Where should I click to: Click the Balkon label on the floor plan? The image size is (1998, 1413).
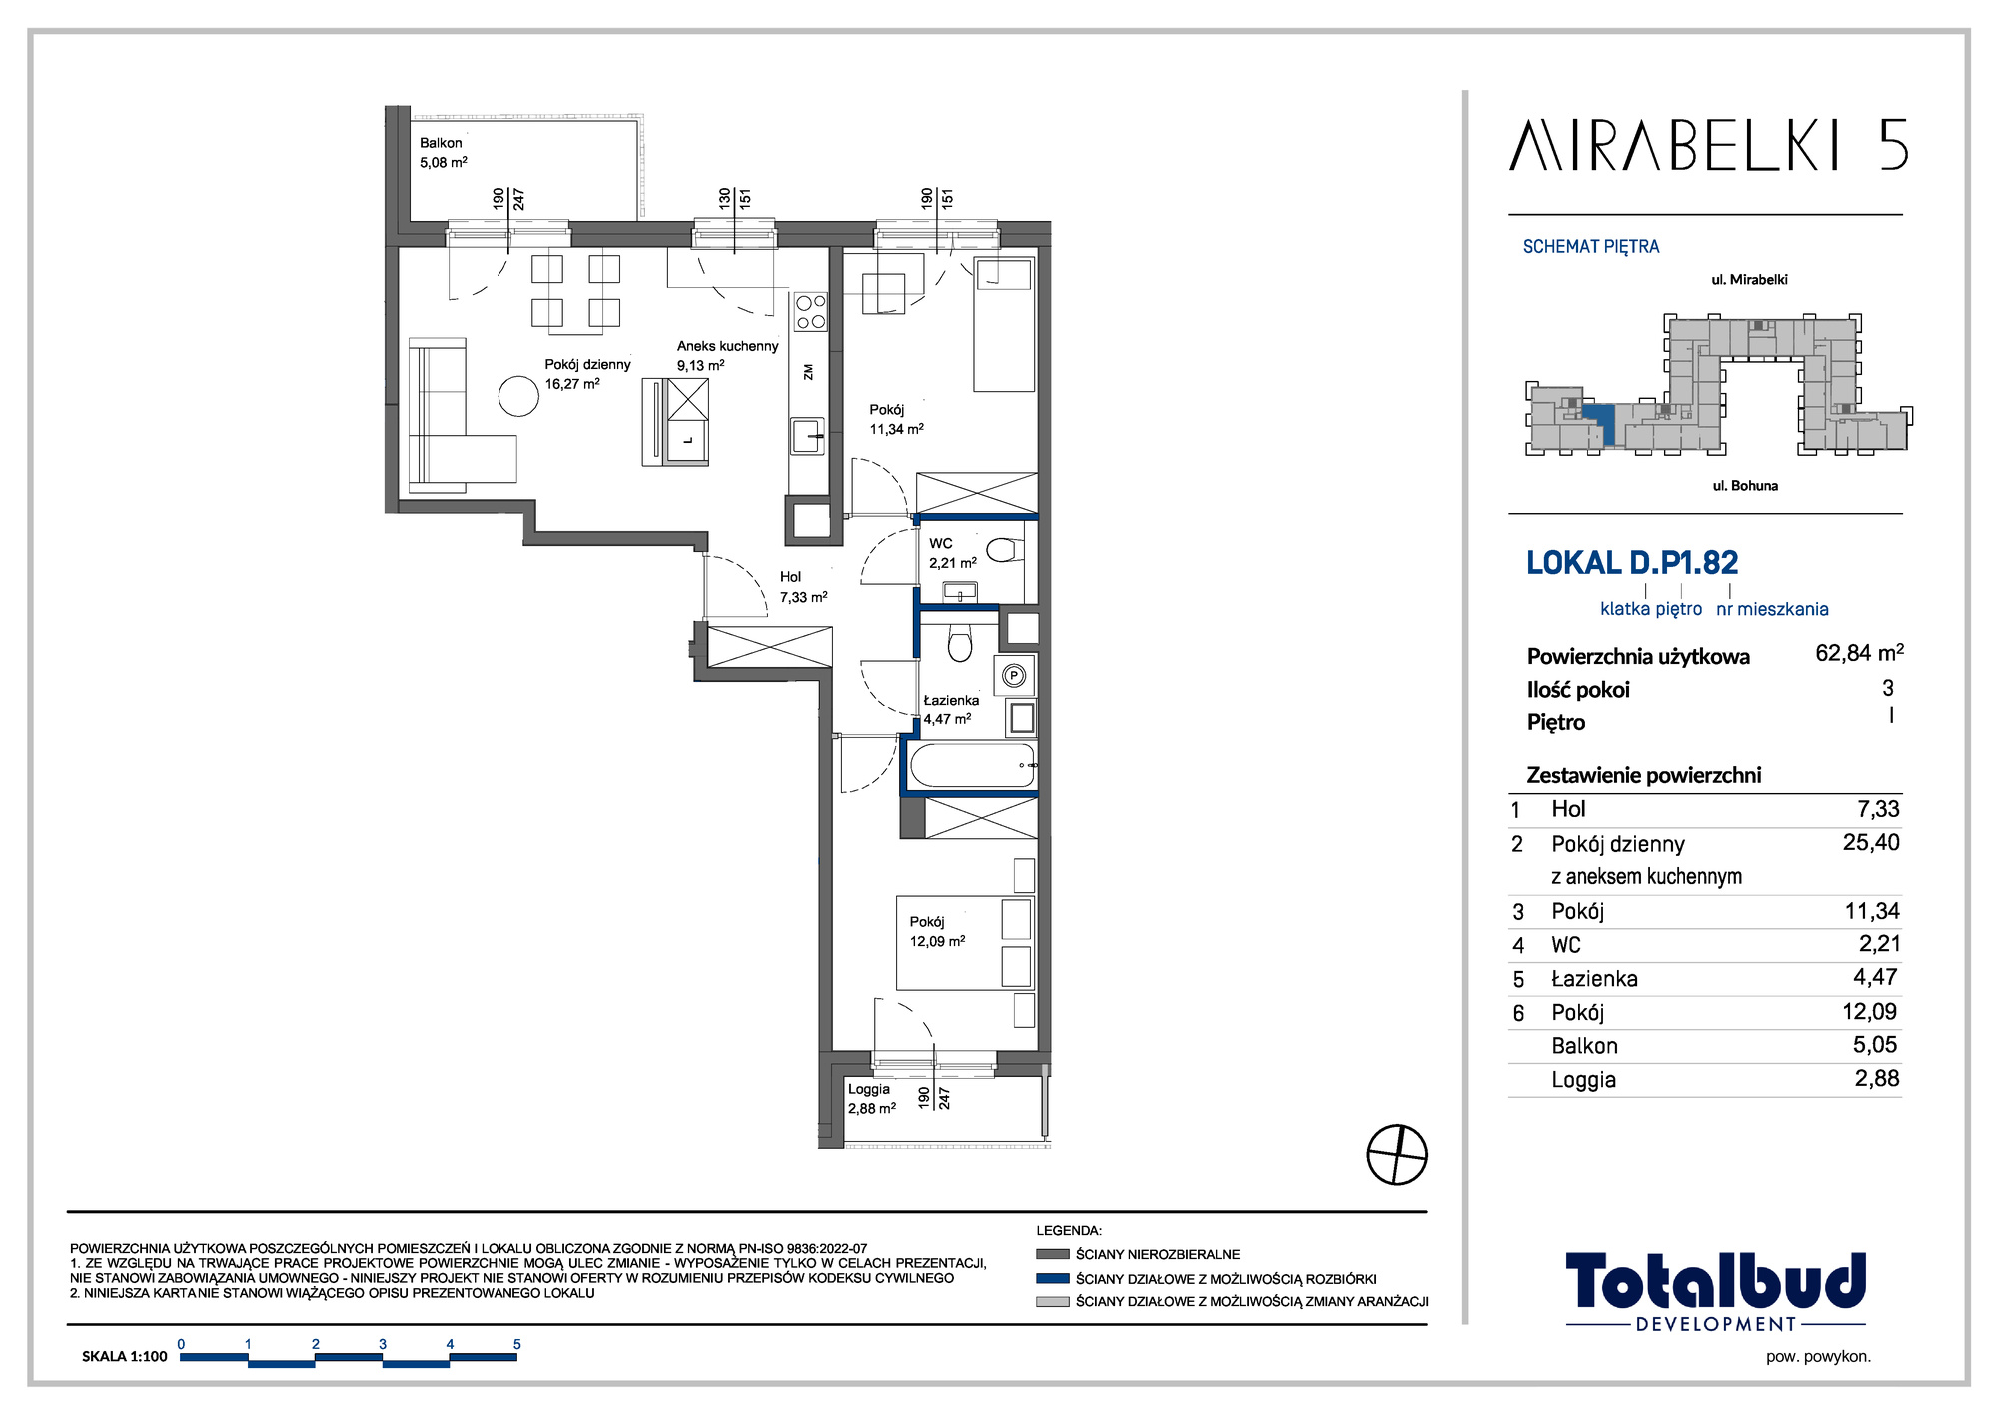point(441,143)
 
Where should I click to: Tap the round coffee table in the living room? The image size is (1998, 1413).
point(518,395)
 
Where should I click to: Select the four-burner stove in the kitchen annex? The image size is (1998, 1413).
point(810,311)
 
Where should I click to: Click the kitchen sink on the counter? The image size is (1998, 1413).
point(808,436)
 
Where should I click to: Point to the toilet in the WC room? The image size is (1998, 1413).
point(1001,550)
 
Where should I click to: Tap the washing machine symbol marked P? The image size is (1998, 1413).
point(1014,676)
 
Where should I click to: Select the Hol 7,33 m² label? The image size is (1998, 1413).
point(803,587)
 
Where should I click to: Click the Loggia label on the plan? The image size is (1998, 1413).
point(869,1089)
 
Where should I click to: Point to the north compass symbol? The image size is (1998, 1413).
point(1397,1154)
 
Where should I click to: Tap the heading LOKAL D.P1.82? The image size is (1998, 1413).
point(1632,563)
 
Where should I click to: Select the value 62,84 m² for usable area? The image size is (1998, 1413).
point(1859,653)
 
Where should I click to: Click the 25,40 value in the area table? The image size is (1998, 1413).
point(1871,842)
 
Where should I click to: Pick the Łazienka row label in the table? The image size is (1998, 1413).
point(1594,979)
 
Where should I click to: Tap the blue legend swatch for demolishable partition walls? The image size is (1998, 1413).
point(1053,1278)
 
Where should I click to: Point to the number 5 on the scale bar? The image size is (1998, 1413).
point(516,1344)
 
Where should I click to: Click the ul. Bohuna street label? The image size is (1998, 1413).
point(1745,486)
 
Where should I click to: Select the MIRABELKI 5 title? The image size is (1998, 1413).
point(1709,146)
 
